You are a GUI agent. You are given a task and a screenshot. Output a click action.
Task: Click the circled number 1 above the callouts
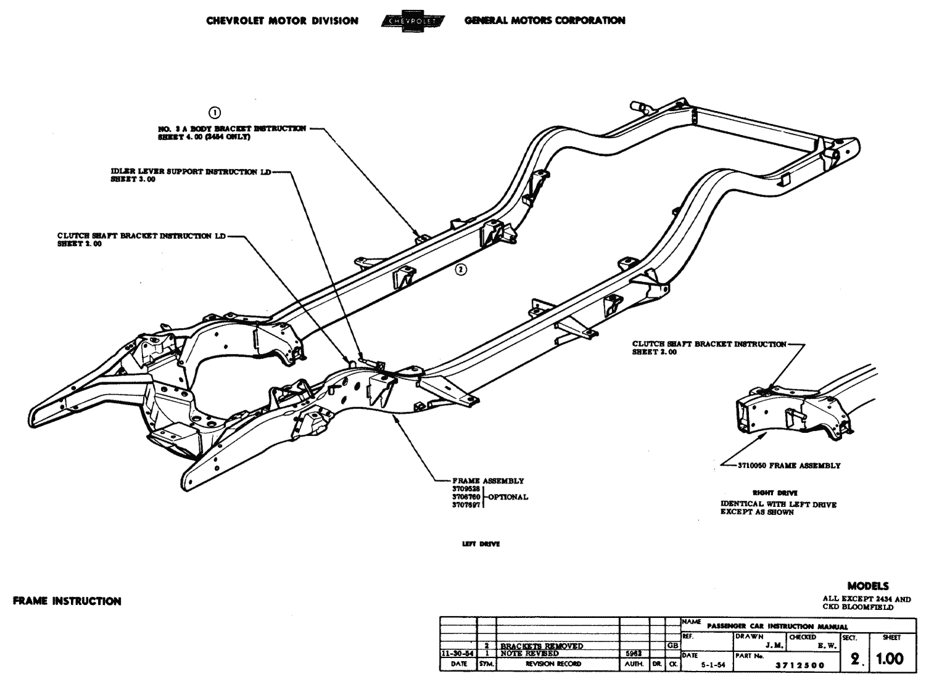(215, 112)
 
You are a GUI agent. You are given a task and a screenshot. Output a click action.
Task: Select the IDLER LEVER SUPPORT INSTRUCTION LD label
(191, 171)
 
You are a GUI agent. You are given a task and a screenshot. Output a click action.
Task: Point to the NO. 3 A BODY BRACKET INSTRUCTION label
(232, 128)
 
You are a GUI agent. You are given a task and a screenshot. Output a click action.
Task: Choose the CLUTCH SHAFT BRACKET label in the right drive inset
(709, 344)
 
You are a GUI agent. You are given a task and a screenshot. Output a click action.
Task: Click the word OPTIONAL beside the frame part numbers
(508, 497)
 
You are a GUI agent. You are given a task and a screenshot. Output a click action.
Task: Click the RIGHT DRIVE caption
(766, 493)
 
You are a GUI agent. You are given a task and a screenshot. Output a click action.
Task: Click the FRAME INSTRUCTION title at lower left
(67, 601)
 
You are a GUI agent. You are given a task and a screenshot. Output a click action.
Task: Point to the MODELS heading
(868, 586)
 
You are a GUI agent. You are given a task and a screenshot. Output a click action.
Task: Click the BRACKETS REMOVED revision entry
(542, 646)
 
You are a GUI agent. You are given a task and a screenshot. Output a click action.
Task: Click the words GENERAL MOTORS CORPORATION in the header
(545, 20)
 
